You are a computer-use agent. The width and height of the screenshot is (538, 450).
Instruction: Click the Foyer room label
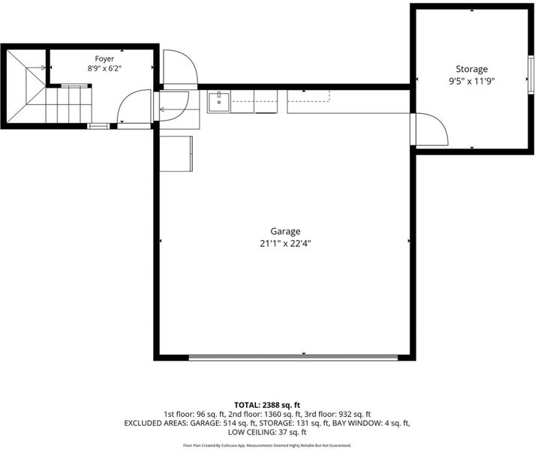[x=104, y=58]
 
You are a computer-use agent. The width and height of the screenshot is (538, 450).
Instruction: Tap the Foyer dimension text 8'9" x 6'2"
[x=104, y=68]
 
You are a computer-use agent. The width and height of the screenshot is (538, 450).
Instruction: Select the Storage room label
[x=471, y=69]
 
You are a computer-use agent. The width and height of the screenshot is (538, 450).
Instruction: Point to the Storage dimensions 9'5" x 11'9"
[x=471, y=81]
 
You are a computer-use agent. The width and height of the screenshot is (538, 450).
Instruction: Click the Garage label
[x=285, y=232]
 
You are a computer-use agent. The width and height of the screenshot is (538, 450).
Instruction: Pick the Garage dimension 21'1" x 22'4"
[x=285, y=244]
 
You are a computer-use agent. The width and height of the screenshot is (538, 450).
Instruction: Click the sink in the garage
[x=218, y=101]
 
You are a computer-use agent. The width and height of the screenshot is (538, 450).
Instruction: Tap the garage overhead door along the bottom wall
[x=293, y=358]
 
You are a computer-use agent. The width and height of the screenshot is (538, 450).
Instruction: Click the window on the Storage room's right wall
[x=531, y=74]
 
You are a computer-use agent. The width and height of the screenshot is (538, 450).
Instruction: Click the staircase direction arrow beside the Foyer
[x=36, y=67]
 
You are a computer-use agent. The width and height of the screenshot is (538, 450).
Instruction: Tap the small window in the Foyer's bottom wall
[x=98, y=126]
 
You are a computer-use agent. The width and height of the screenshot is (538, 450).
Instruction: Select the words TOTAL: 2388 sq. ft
[x=267, y=405]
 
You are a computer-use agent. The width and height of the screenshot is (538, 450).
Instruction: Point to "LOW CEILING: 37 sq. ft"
[x=267, y=432]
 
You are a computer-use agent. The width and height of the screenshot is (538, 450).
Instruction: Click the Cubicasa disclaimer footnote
[x=267, y=445]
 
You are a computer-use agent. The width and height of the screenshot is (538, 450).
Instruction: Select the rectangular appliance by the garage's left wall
[x=176, y=154]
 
